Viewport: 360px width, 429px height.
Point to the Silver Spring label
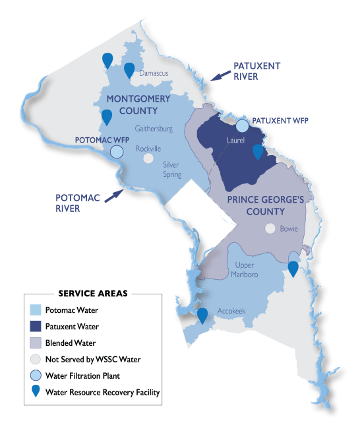pos(172,170)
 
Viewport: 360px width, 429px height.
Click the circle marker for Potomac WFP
pos(117,152)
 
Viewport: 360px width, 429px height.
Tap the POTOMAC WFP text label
pos(102,141)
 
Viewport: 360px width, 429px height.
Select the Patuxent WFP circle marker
pos(243,125)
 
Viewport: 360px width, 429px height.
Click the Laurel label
pos(235,141)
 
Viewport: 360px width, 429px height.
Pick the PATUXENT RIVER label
pos(256,71)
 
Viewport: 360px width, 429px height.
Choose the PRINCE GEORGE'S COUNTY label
pos(256,205)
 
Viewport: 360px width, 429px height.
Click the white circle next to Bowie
pos(269,228)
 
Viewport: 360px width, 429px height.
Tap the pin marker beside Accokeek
pos(202,316)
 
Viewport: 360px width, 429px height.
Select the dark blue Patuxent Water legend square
pos(36,326)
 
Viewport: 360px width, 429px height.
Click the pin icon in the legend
pos(36,392)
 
